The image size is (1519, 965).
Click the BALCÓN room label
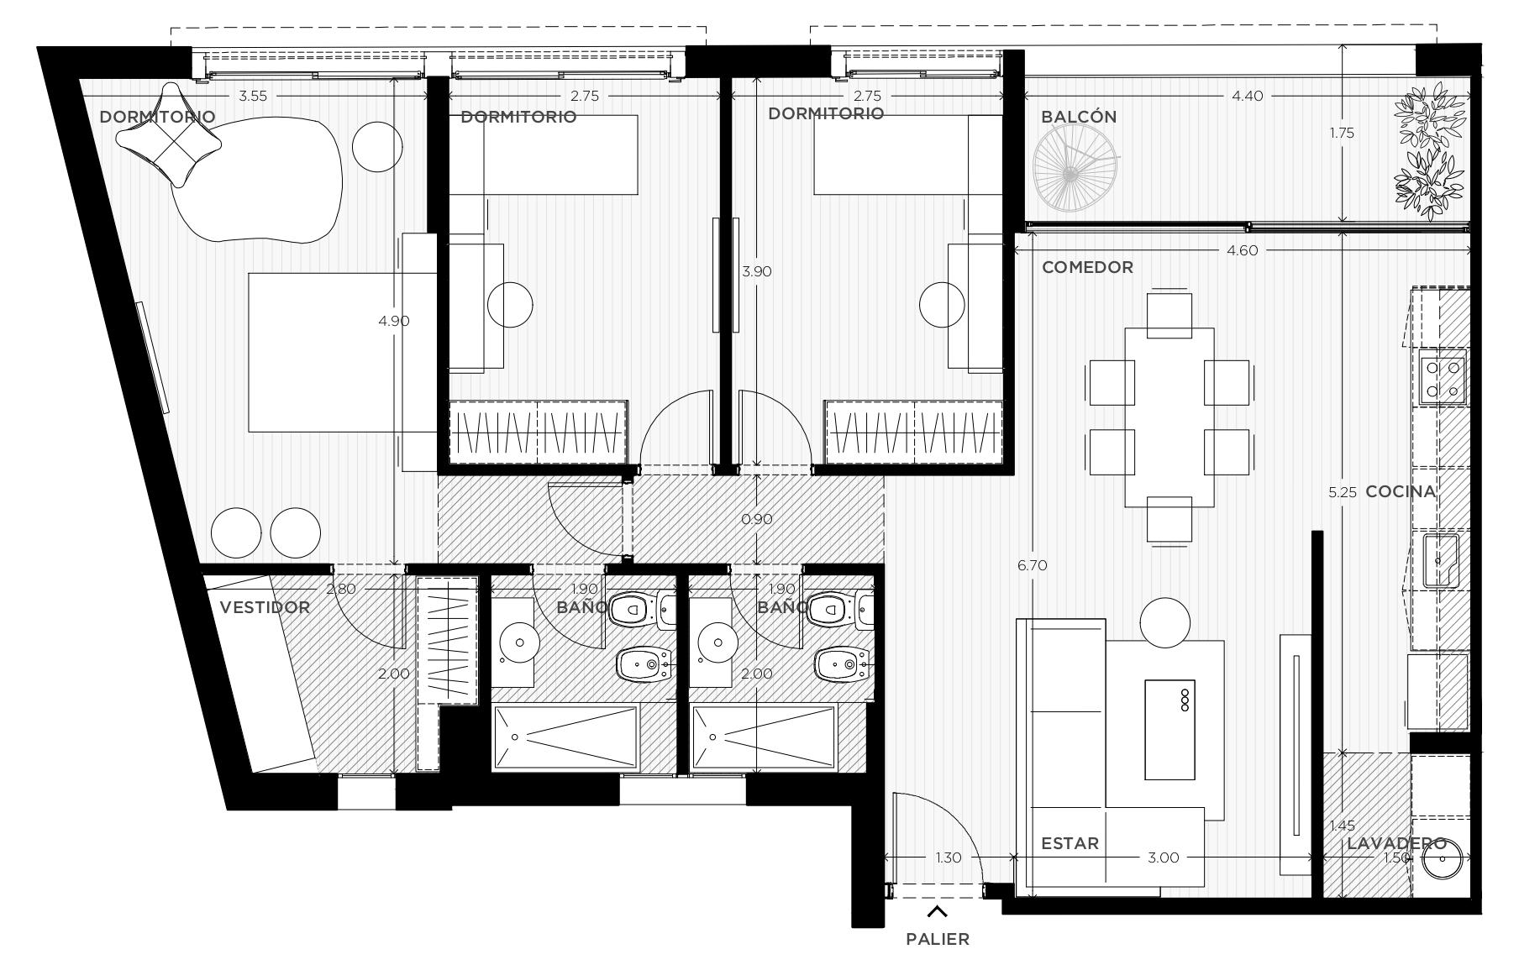(1079, 117)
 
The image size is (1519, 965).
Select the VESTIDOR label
(265, 607)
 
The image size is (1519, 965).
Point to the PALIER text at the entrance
(938, 939)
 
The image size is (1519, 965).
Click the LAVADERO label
(1396, 843)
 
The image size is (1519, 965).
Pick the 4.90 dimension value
(394, 320)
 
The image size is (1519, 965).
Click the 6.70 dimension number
(1032, 565)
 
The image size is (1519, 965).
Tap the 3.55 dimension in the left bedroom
(253, 96)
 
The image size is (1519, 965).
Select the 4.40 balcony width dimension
(1247, 96)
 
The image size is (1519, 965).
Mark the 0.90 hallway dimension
(757, 519)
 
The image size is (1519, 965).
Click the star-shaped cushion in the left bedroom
(171, 134)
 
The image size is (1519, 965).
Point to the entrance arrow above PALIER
(938, 911)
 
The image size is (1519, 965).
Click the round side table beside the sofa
(1165, 622)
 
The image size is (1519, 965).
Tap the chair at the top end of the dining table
(1169, 314)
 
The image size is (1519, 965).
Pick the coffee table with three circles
(1169, 729)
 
